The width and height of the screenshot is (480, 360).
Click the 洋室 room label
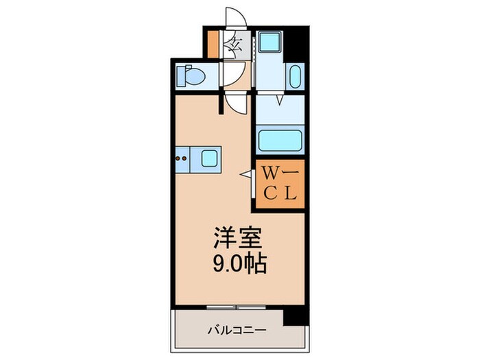click(238, 238)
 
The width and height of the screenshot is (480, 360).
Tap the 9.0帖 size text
click(240, 263)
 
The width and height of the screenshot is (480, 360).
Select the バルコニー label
click(237, 331)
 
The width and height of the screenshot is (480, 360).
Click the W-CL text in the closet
click(280, 184)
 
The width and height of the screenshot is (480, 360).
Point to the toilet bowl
click(191, 75)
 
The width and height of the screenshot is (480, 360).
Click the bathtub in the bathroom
click(280, 141)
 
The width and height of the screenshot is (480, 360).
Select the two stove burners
click(181, 158)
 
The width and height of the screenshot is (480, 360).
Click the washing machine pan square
click(269, 42)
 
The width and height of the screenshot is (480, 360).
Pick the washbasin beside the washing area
click(296, 77)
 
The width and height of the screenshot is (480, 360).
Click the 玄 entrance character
click(235, 45)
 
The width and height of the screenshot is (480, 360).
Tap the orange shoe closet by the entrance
click(213, 45)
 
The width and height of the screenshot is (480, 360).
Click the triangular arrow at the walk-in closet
click(246, 175)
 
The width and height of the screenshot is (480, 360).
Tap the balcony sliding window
click(236, 307)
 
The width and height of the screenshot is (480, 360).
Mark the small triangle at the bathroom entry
click(279, 100)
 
